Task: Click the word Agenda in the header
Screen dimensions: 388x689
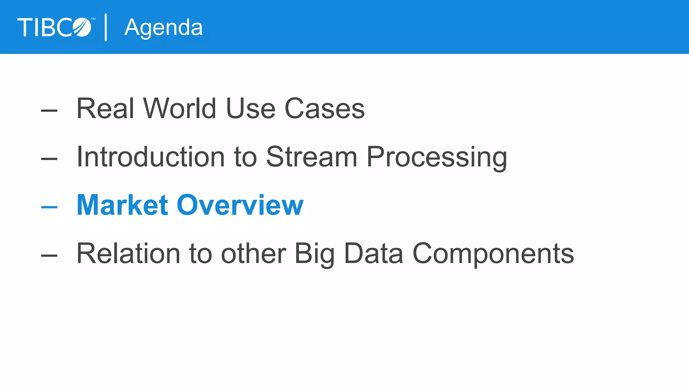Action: point(164,28)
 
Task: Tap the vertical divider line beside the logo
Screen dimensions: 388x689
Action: point(106,27)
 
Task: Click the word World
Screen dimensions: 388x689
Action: point(180,108)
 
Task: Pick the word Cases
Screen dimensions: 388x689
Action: point(325,108)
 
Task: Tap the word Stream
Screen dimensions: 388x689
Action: point(312,157)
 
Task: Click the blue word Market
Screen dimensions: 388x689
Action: point(122,205)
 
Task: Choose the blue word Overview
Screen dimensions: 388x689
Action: point(240,205)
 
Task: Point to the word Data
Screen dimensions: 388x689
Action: point(373,254)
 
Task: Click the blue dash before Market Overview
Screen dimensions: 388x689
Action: point(49,207)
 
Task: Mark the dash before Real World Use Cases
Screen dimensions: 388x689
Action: point(49,110)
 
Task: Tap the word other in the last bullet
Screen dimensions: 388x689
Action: point(253,254)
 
